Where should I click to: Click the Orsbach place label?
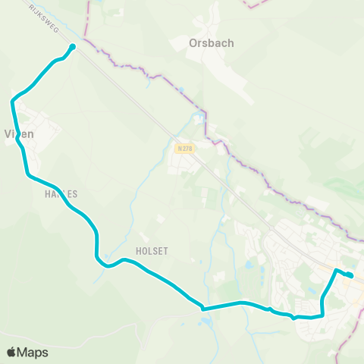point(211,43)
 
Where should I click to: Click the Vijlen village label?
point(20,134)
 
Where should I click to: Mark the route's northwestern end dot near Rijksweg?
point(73,47)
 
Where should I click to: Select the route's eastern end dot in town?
point(350,275)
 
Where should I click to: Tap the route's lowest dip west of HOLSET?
point(107,266)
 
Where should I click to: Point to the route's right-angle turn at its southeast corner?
point(322,315)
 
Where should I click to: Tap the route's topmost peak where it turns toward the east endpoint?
point(336,269)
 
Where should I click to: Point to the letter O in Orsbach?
point(193,43)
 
